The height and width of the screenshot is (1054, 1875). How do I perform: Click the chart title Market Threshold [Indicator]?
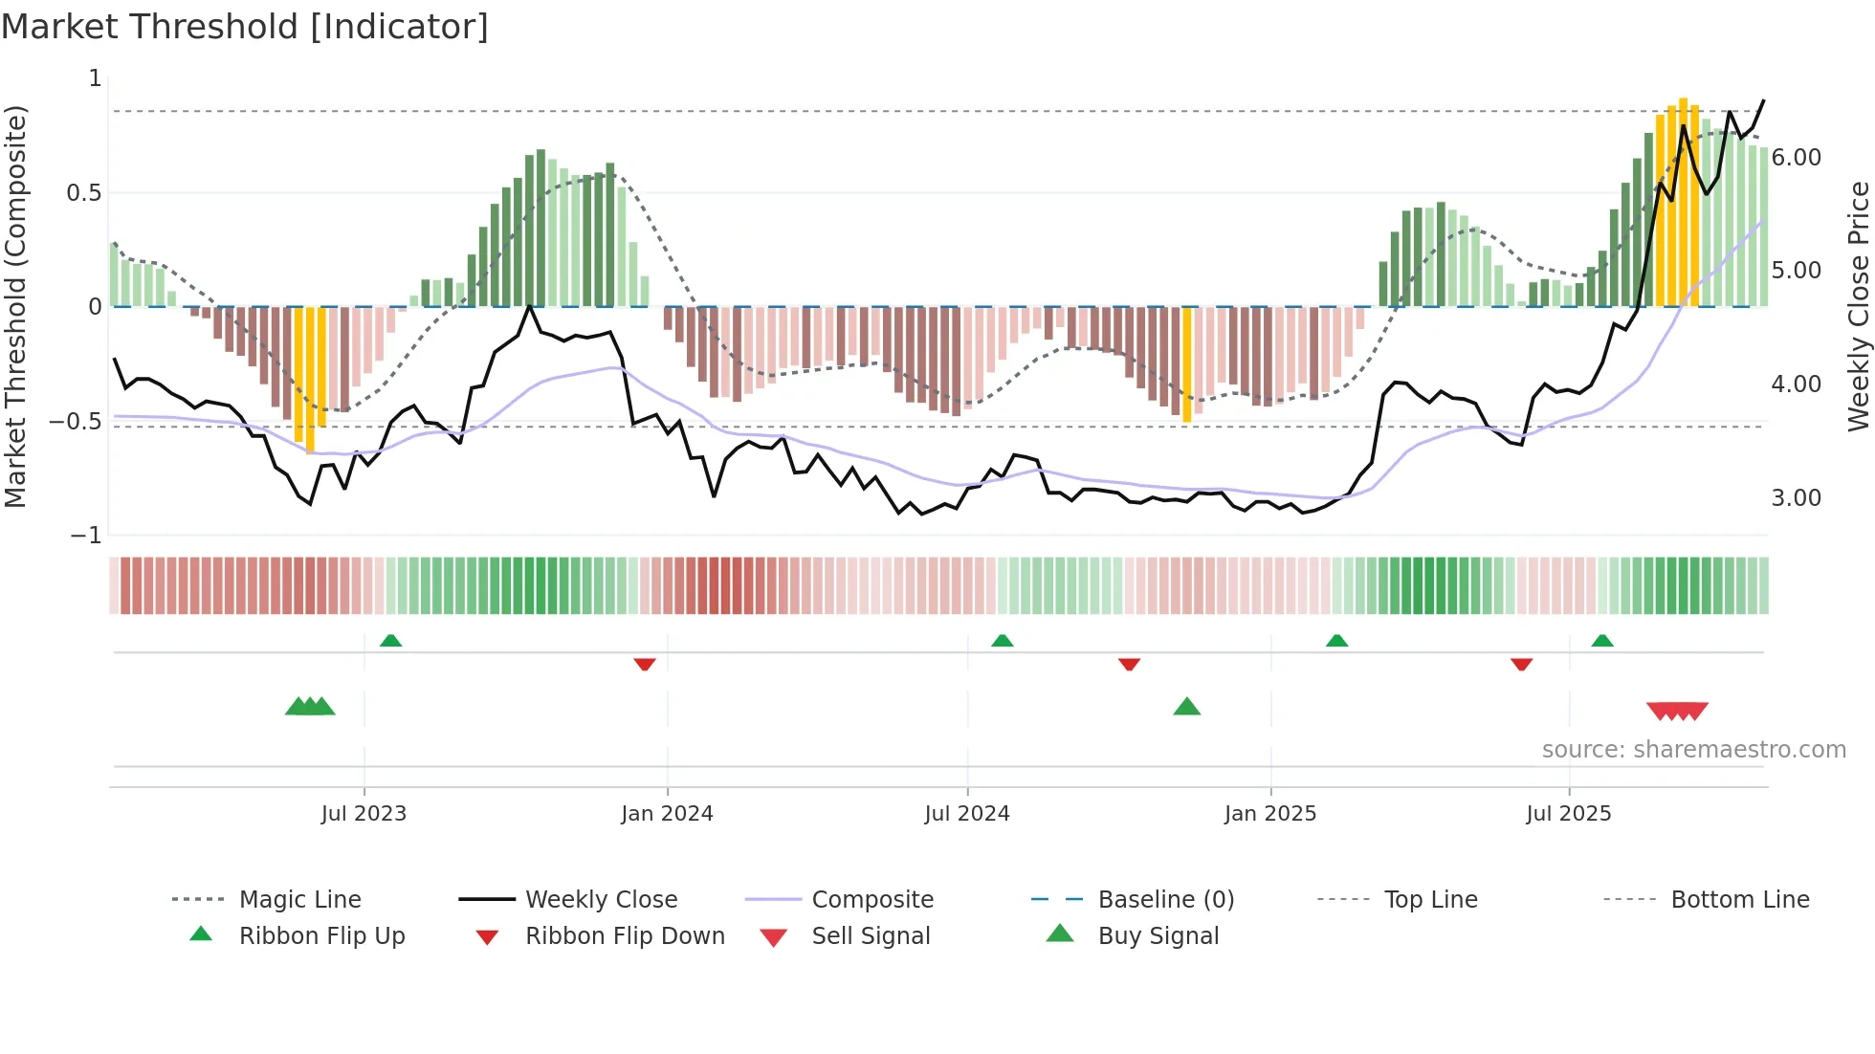point(245,27)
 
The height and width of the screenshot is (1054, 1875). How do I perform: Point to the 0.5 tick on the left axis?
point(83,193)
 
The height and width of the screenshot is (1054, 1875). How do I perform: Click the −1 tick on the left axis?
point(86,536)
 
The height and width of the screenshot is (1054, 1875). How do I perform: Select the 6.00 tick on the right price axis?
point(1796,158)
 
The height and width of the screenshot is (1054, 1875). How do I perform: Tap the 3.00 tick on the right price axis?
point(1796,498)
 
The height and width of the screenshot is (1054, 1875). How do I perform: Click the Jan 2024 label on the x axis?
point(667,814)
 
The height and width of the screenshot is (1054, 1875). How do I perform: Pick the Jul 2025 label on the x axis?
point(1568,814)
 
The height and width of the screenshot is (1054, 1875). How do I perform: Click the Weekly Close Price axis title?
point(1858,306)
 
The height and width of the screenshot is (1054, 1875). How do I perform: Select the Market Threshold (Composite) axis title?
point(15,306)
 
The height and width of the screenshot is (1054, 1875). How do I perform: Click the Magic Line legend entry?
point(299,900)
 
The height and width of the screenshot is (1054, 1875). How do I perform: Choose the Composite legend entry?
point(871,900)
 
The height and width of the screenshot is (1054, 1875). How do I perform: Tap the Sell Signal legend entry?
point(870,936)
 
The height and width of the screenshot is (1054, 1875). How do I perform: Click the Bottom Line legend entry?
point(1739,900)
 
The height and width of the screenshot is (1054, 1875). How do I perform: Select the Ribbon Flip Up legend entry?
point(321,936)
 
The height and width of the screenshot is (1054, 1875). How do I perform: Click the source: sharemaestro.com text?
point(1693,750)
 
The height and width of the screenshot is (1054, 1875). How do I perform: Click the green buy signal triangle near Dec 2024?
point(1186,707)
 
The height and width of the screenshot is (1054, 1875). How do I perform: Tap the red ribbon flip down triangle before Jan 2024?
point(644,664)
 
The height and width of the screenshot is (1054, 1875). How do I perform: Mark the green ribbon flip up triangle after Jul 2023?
point(390,641)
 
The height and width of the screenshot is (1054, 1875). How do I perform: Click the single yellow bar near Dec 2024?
point(1187,363)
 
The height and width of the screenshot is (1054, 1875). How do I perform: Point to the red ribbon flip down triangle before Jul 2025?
point(1521,664)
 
